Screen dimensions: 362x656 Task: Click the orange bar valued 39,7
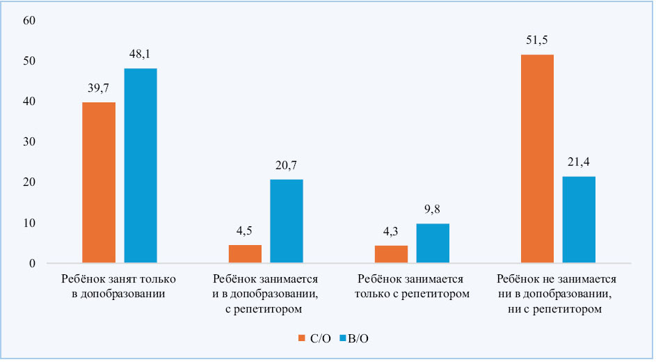pyautogui.click(x=99, y=182)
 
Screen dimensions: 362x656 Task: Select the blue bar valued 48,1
pyautogui.click(x=141, y=166)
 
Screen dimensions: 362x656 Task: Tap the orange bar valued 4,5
pyautogui.click(x=245, y=254)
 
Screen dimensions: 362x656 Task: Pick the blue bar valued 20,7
pyautogui.click(x=287, y=221)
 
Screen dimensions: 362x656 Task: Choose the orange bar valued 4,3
pyautogui.click(x=391, y=254)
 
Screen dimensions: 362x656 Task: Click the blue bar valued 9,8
pyautogui.click(x=433, y=244)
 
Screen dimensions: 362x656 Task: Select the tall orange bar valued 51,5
pyautogui.click(x=537, y=159)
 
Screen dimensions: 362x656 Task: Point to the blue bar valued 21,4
pyautogui.click(x=579, y=220)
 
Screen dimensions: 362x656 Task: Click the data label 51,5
pyautogui.click(x=537, y=40)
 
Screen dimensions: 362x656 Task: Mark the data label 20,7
pyautogui.click(x=287, y=166)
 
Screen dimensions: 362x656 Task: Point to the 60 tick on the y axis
pyautogui.click(x=29, y=20)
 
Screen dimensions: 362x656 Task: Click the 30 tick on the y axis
pyautogui.click(x=29, y=142)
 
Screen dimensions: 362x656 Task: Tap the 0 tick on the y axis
pyautogui.click(x=31, y=264)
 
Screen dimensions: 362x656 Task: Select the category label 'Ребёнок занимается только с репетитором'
pyautogui.click(x=412, y=286)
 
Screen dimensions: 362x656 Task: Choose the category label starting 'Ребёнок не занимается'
pyautogui.click(x=558, y=293)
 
